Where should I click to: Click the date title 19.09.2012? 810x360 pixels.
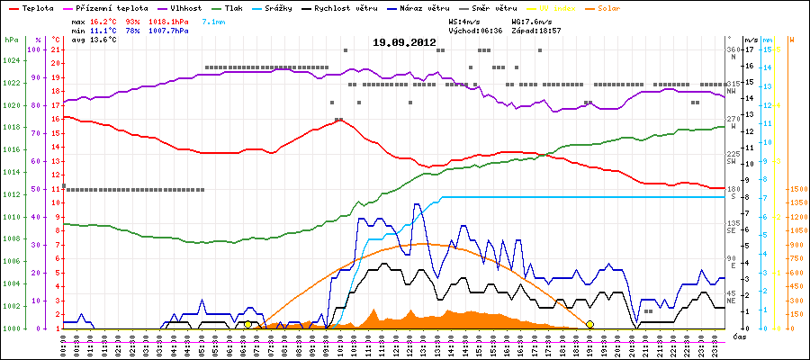click(404, 42)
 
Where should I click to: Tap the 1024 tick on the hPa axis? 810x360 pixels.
click(11, 61)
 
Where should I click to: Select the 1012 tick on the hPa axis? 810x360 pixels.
click(11, 194)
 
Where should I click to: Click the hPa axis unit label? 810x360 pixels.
click(11, 40)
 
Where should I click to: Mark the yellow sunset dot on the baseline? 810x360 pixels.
click(589, 324)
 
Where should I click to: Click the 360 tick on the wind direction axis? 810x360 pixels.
click(733, 49)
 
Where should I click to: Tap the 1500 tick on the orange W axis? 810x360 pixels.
click(796, 189)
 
